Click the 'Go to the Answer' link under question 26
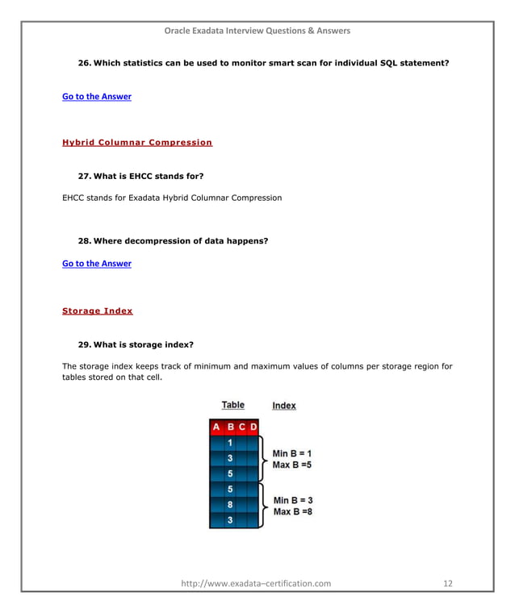[x=96, y=97]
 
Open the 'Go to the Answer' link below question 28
[x=96, y=264]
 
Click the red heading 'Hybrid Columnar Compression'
[x=137, y=143]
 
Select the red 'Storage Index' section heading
[x=97, y=311]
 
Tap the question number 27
[x=84, y=176]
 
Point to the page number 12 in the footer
[x=448, y=583]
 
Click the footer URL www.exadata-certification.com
[x=256, y=583]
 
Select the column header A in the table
[x=216, y=427]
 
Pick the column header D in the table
[x=253, y=427]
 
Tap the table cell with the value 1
[x=230, y=443]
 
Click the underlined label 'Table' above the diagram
[x=232, y=405]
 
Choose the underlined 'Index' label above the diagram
[x=283, y=406]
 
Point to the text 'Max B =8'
[x=293, y=512]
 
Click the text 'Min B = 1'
[x=293, y=453]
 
